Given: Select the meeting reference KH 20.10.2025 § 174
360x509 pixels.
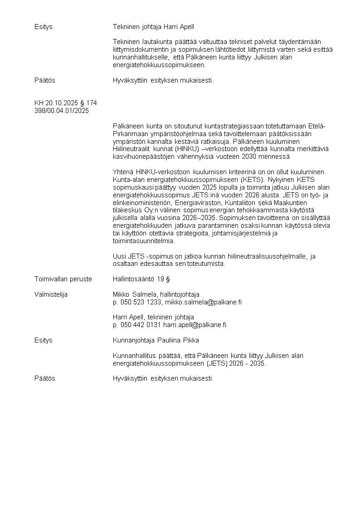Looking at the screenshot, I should click(65, 103).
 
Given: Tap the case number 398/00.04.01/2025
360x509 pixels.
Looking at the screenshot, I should click(62, 110).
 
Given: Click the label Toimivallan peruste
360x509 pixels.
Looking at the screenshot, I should click(63, 279).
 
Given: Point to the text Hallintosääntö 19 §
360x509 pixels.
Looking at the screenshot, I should click(141, 279).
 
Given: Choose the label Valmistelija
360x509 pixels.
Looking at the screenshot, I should click(51, 294).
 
